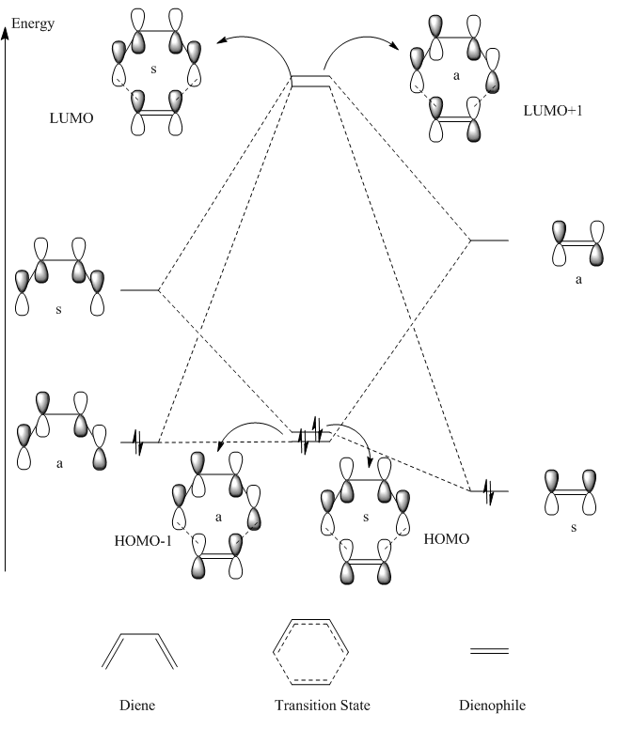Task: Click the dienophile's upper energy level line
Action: [x=489, y=241]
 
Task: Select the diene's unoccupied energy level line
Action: [x=140, y=290]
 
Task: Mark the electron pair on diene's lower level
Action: [x=139, y=442]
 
